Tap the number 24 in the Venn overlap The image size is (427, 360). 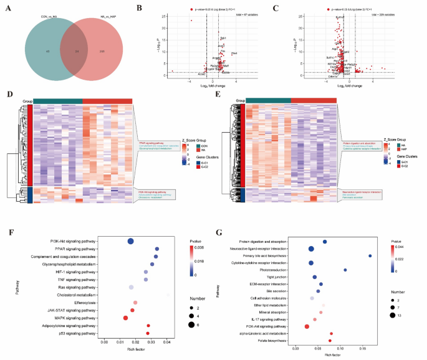point(77,50)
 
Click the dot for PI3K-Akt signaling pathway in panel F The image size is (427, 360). point(131,242)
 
